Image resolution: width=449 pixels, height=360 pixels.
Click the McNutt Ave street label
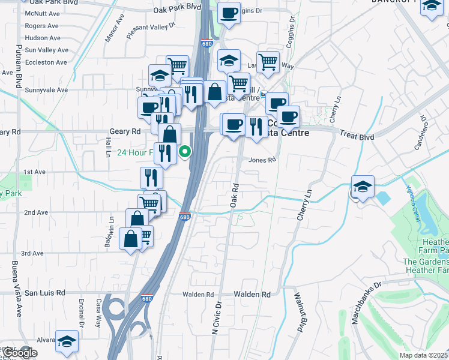(42, 13)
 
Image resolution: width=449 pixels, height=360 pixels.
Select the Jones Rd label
(262, 160)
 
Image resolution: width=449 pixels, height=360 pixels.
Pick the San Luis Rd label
(44, 293)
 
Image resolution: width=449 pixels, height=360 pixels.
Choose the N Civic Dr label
(217, 317)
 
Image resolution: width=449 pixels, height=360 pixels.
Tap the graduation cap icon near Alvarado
(67, 340)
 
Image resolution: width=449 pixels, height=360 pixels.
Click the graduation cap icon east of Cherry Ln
(363, 185)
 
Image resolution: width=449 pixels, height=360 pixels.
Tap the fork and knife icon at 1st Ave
(151, 177)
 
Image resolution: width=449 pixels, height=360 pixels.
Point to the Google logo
(19, 353)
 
